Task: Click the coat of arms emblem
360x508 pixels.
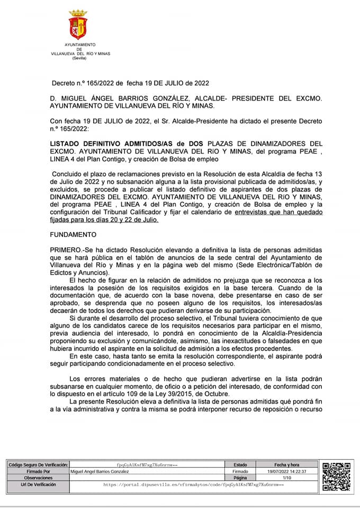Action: (78, 25)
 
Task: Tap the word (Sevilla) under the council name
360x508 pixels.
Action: (80, 58)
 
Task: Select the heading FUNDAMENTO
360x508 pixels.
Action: (73, 233)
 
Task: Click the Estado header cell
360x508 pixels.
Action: (240, 464)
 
